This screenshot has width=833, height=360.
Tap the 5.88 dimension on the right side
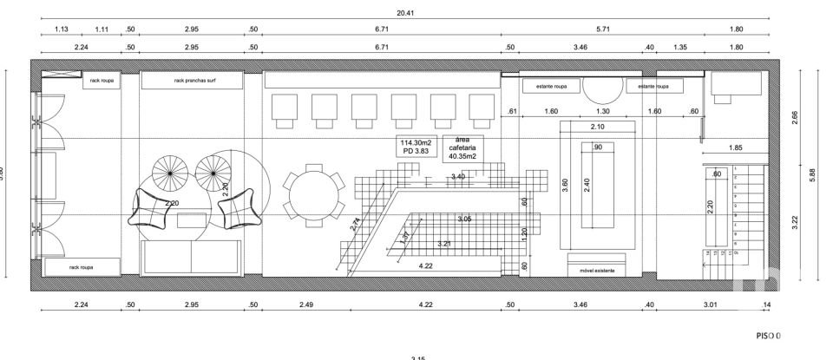pyautogui.click(x=812, y=173)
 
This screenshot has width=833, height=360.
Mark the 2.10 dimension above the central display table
pyautogui.click(x=597, y=128)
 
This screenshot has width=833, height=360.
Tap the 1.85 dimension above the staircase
pyautogui.click(x=736, y=147)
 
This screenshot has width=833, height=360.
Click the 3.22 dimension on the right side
pyautogui.click(x=796, y=222)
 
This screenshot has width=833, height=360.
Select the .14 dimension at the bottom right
pyautogui.click(x=765, y=305)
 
